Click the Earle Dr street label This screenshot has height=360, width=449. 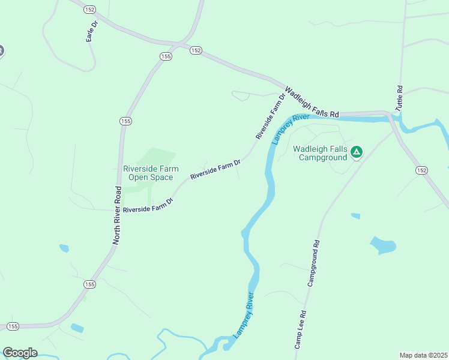tap(92, 31)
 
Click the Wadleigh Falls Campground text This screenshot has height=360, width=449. tap(320, 153)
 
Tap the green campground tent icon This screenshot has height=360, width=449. tap(357, 152)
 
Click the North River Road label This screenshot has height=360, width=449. tap(118, 215)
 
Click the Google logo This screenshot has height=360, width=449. tap(20, 353)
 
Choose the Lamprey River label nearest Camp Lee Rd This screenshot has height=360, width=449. tap(244, 315)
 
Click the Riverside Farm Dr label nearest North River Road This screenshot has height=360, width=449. tap(148, 206)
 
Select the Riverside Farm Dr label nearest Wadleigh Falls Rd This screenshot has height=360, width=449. tap(270, 116)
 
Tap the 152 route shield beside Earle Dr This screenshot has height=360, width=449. tap(90, 10)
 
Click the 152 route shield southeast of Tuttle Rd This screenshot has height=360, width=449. tap(421, 170)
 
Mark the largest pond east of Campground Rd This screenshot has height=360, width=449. tap(383, 245)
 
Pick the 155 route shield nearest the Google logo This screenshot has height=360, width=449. tap(13, 326)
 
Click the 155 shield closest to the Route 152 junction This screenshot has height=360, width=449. tap(166, 56)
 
